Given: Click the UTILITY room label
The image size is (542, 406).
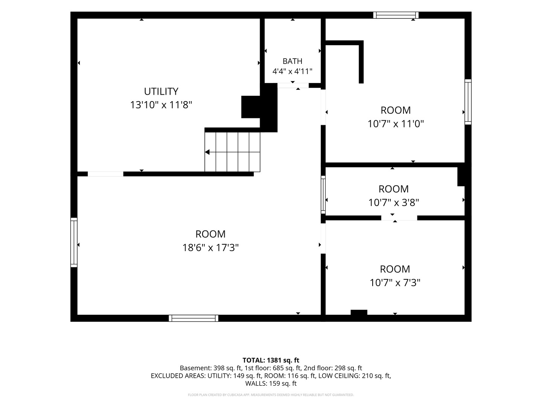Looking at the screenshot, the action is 161,91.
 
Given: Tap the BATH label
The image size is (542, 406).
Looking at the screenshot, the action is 292,61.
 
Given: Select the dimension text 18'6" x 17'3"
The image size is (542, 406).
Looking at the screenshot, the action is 210,247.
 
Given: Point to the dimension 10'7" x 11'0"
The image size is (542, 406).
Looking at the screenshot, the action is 396,124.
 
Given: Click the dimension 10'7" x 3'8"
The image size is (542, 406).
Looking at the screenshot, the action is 394,203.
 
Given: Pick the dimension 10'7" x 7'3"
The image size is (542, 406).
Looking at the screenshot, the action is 395,282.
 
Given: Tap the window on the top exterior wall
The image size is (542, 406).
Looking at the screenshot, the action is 396,15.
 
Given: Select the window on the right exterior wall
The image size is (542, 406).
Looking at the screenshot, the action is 468,102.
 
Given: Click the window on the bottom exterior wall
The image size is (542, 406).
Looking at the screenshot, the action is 193,318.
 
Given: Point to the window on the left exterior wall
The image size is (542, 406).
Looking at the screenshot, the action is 74,242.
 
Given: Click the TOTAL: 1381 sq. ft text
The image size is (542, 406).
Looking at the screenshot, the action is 271,361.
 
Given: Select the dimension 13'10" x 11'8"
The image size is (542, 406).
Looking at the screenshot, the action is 161,105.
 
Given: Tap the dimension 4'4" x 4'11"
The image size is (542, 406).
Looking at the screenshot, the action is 292,71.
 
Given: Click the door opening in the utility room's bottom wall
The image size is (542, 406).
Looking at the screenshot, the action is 105,174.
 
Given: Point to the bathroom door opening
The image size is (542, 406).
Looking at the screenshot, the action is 293,86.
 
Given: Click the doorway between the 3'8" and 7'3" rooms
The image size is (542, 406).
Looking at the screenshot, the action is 399,218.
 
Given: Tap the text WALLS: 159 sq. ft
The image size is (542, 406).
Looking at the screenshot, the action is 271,383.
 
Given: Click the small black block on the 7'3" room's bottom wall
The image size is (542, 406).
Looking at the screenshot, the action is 359,312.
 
